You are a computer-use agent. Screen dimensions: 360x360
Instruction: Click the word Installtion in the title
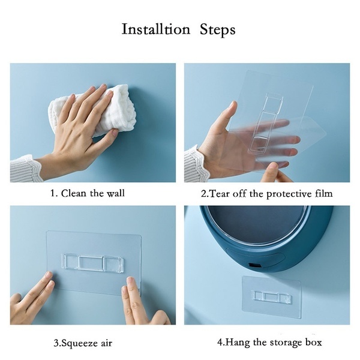point(156,29)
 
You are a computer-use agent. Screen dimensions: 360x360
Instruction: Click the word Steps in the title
point(217,31)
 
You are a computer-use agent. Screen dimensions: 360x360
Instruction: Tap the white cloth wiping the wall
point(92,110)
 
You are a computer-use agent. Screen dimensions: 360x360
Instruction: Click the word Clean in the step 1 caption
point(74,193)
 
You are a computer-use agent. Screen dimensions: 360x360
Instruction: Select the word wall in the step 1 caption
point(115,193)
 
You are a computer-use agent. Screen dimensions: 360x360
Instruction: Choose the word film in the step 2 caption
point(323,194)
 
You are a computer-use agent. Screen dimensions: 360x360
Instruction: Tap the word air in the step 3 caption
point(107,344)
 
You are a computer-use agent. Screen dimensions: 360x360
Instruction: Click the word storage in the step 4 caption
point(286,343)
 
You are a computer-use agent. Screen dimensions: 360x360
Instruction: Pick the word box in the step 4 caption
point(313,343)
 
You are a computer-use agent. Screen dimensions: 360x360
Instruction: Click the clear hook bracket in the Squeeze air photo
point(92,263)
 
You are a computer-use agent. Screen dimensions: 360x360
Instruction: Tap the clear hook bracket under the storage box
point(272,297)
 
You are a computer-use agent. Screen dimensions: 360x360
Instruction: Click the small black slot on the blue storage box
point(255,265)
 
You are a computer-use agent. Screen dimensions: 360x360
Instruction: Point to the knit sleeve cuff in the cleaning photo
point(25,169)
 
